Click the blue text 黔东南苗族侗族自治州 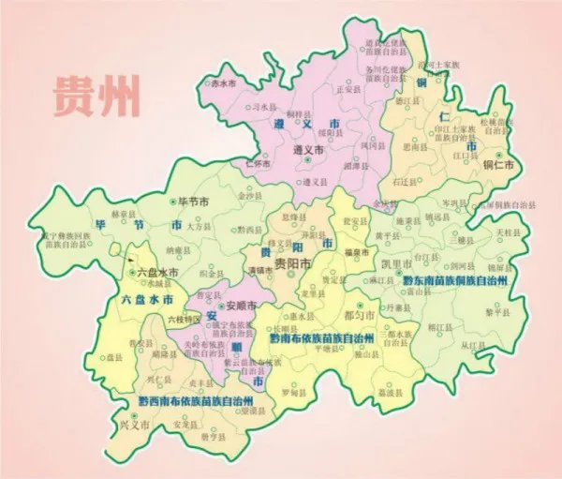454,280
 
